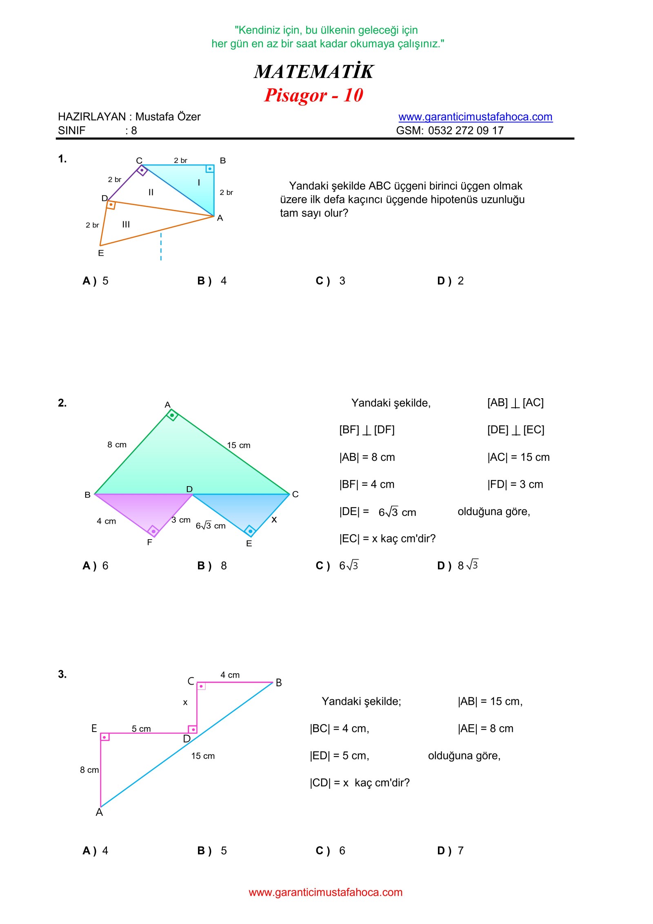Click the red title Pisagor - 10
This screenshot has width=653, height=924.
pyautogui.click(x=313, y=95)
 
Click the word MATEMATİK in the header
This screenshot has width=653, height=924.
pyautogui.click(x=313, y=71)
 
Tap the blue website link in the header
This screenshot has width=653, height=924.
pyautogui.click(x=475, y=117)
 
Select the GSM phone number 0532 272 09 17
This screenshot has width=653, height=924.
pyautogui.click(x=465, y=131)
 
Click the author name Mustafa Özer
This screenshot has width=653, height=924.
pyautogui.click(x=168, y=117)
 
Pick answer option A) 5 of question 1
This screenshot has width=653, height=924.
pyautogui.click(x=96, y=281)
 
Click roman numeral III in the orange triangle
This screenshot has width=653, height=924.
pyautogui.click(x=126, y=224)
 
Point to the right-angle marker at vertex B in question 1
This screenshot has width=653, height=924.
pyautogui.click(x=210, y=169)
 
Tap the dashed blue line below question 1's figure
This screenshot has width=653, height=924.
pyautogui.click(x=161, y=247)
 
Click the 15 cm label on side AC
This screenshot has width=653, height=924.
pyautogui.click(x=238, y=445)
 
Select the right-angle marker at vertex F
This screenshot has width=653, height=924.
pyautogui.click(x=153, y=531)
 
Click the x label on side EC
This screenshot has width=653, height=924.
pyautogui.click(x=274, y=520)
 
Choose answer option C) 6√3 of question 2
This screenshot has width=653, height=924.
pyautogui.click(x=337, y=566)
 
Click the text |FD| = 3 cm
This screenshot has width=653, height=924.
pyautogui.click(x=515, y=484)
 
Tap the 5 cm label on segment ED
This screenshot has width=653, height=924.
pyautogui.click(x=141, y=729)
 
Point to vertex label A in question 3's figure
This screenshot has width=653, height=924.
pyautogui.click(x=99, y=812)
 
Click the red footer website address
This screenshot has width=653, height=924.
pyautogui.click(x=326, y=893)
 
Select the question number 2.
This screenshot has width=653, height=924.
pyautogui.click(x=62, y=403)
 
